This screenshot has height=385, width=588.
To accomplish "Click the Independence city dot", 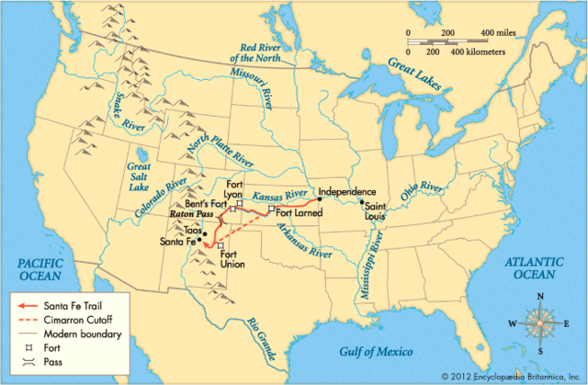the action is click(318, 198).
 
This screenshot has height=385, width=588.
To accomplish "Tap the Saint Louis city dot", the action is click(363, 202).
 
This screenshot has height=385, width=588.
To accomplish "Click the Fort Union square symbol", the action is click(220, 245).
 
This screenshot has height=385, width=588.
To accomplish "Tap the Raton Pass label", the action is click(191, 212).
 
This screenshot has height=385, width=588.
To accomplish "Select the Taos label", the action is click(192, 229).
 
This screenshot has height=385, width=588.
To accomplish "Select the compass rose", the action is click(538, 324).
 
